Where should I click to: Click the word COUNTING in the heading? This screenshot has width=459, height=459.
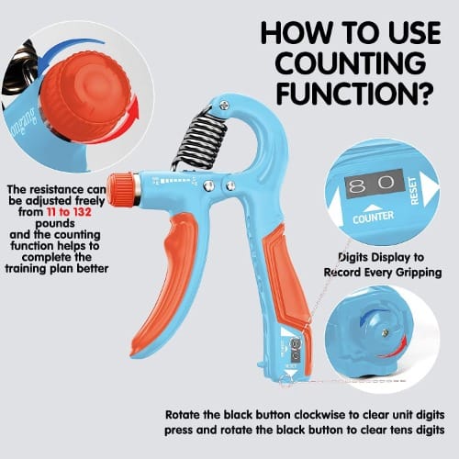(351, 63)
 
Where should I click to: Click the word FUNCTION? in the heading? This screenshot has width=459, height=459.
(355, 94)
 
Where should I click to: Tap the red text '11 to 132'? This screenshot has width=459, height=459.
(69, 212)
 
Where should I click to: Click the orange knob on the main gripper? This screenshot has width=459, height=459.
(123, 189)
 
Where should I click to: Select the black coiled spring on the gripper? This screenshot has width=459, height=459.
(200, 140)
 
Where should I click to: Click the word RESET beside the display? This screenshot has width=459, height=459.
(413, 191)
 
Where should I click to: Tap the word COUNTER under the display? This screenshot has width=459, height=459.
(373, 218)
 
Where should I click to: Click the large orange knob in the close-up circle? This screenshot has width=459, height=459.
(85, 97)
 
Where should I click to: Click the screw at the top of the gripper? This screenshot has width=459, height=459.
(224, 106)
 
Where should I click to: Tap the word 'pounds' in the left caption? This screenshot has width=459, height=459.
(55, 224)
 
